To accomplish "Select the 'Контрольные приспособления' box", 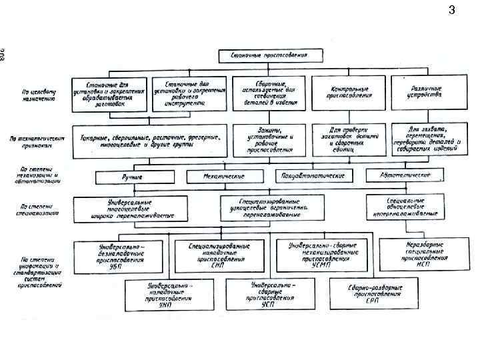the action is point(349,93).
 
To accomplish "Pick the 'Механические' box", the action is point(224,176).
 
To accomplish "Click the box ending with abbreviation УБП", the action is point(117,256).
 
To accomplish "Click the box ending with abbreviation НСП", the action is point(415,253).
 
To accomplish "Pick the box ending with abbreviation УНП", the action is point(161,295).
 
